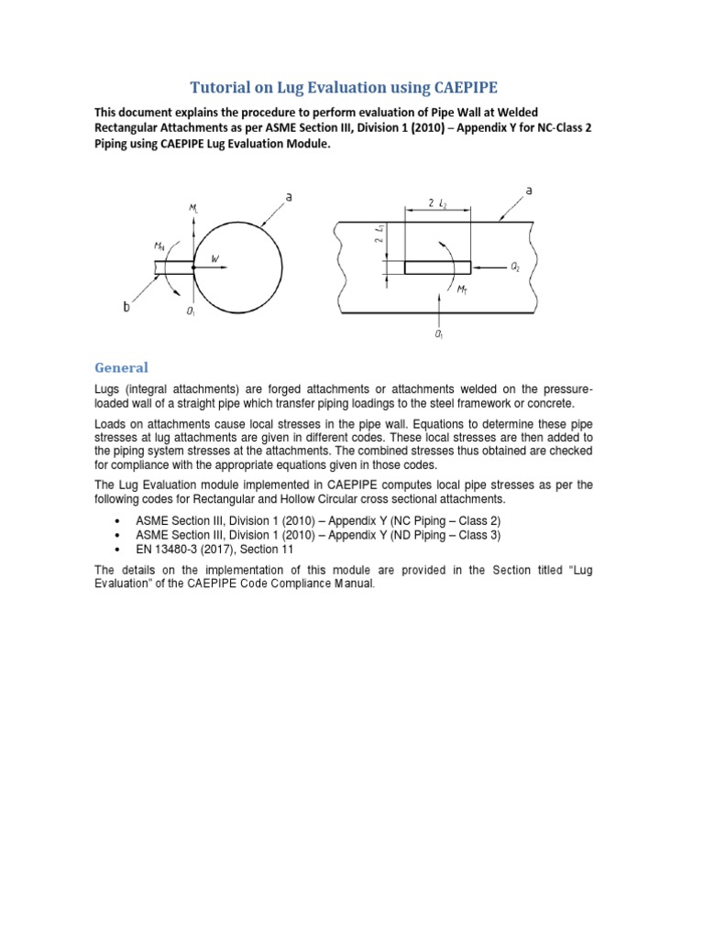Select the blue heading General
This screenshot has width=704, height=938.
[x=121, y=367]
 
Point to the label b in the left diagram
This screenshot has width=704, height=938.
[x=126, y=308]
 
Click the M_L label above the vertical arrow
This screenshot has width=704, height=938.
[x=192, y=211]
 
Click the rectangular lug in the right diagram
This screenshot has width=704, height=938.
[x=437, y=267]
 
